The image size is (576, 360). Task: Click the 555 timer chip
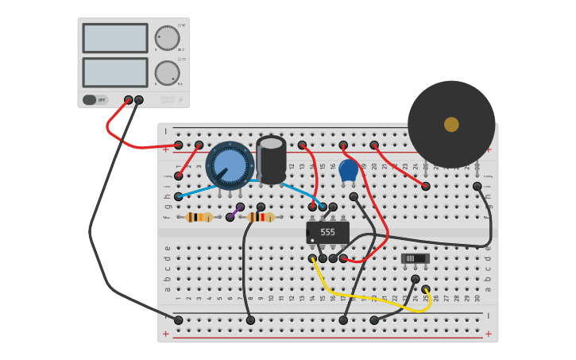tap(327, 232)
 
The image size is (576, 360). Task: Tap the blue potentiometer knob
tap(230, 165)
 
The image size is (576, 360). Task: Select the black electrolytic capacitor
tap(271, 159)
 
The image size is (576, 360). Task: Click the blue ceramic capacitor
tap(348, 170)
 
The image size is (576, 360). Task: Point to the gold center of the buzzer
tap(451, 125)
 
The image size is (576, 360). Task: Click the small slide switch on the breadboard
tap(415, 258)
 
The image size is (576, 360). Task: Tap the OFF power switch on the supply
tap(90, 100)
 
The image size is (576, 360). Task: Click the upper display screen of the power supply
tap(115, 38)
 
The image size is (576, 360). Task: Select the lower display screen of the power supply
tap(115, 72)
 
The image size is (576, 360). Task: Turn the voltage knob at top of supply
tap(167, 37)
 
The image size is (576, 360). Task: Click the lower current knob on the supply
tap(167, 72)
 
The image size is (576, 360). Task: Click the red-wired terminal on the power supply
tap(129, 100)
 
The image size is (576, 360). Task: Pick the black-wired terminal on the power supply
tap(139, 100)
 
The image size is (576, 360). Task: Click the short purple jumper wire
tap(235, 211)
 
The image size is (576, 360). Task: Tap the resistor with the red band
tap(261, 217)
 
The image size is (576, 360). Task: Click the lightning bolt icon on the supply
tap(180, 100)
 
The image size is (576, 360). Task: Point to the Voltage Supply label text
tap(167, 100)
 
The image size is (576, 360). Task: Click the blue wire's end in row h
tap(179, 196)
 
